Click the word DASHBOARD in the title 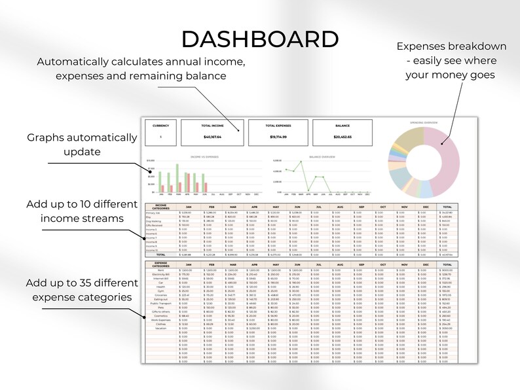[260, 39]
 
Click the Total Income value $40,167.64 [213, 137]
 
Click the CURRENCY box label [160, 125]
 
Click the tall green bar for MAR [176, 175]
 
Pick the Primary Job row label [153, 213]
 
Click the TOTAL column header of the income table [447, 207]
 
